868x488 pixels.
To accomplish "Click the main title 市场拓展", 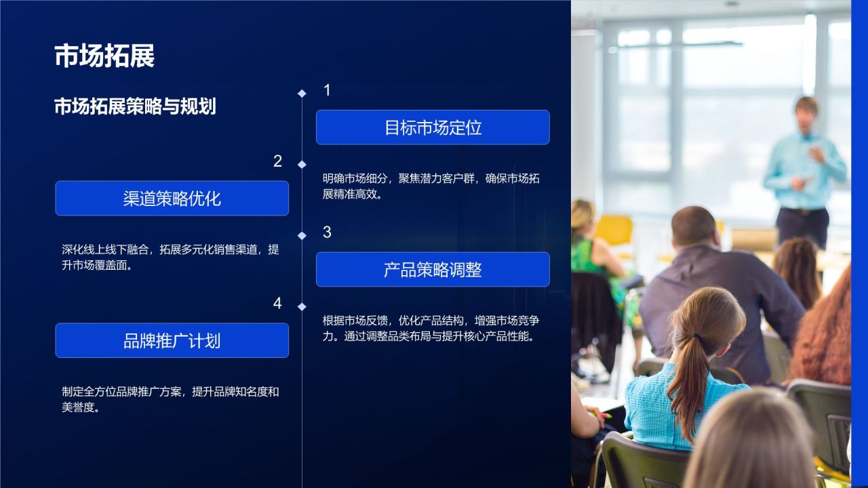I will point(104,56).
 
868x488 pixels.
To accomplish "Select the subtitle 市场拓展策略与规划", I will point(135,106).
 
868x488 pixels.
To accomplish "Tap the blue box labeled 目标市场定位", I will point(433,127).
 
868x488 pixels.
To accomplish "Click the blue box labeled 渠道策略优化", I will point(172,199).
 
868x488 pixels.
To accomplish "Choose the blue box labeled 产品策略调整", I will point(433,270).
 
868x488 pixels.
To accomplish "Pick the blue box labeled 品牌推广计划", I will point(172,340).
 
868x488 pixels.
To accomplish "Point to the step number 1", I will point(327,90).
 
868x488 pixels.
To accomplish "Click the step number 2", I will point(277,161).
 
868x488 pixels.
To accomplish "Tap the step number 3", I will point(327,232).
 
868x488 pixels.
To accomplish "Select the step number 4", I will point(277,304).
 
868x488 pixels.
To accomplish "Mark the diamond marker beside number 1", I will point(302,94).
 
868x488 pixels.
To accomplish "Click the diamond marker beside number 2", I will point(302,165).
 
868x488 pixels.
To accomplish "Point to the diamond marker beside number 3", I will point(302,236).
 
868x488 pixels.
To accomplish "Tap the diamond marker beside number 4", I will point(302,307).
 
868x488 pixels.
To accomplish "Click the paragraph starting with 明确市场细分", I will point(431,186).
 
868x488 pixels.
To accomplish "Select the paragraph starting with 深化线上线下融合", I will point(170,258).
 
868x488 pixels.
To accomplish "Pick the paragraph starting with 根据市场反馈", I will point(431,328).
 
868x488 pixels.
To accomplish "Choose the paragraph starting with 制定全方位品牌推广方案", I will point(170,399).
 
